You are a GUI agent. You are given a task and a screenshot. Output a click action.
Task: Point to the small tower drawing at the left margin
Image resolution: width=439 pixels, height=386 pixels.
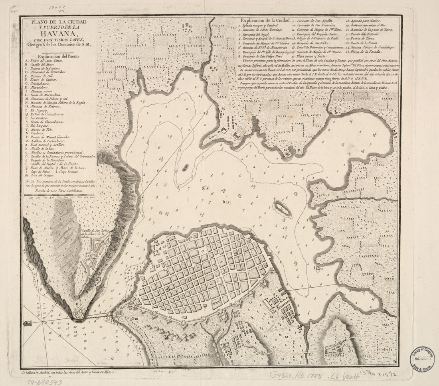(x=28, y=324)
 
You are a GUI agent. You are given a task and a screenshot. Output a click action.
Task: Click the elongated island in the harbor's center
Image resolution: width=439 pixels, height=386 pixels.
(x=282, y=209)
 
